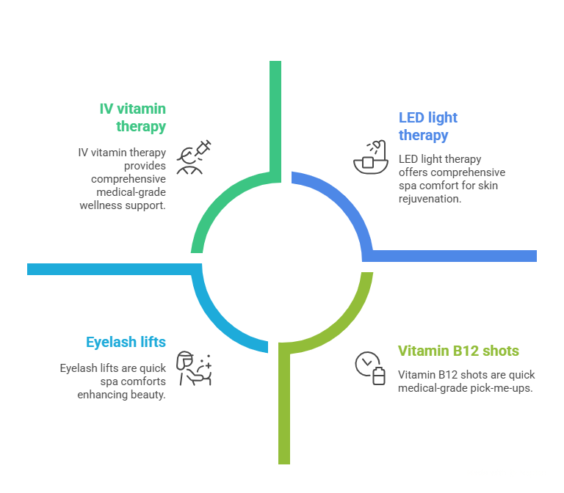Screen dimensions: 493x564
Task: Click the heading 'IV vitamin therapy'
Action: coord(132,117)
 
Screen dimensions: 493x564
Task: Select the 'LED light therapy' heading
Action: coord(427,126)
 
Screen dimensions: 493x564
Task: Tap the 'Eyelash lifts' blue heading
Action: coord(126,342)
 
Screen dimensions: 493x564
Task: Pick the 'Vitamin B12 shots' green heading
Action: coord(458,350)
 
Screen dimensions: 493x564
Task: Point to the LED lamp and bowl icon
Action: coord(370,156)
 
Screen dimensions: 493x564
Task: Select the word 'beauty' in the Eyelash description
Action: coord(149,394)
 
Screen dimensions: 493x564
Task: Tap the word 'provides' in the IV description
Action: coord(145,166)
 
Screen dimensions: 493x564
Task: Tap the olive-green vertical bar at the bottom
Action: coord(284,411)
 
